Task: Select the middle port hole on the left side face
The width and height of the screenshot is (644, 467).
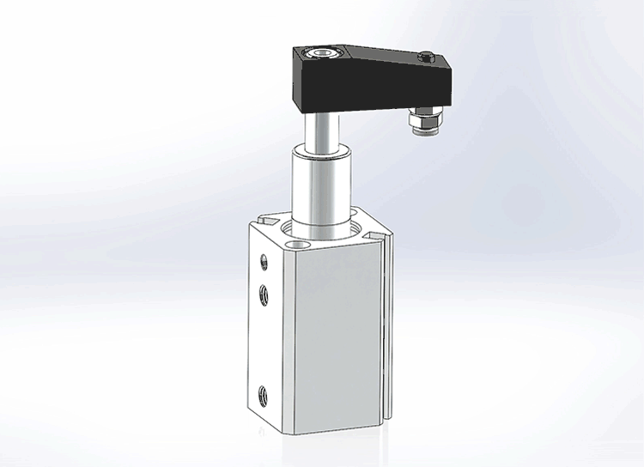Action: click(x=264, y=295)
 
